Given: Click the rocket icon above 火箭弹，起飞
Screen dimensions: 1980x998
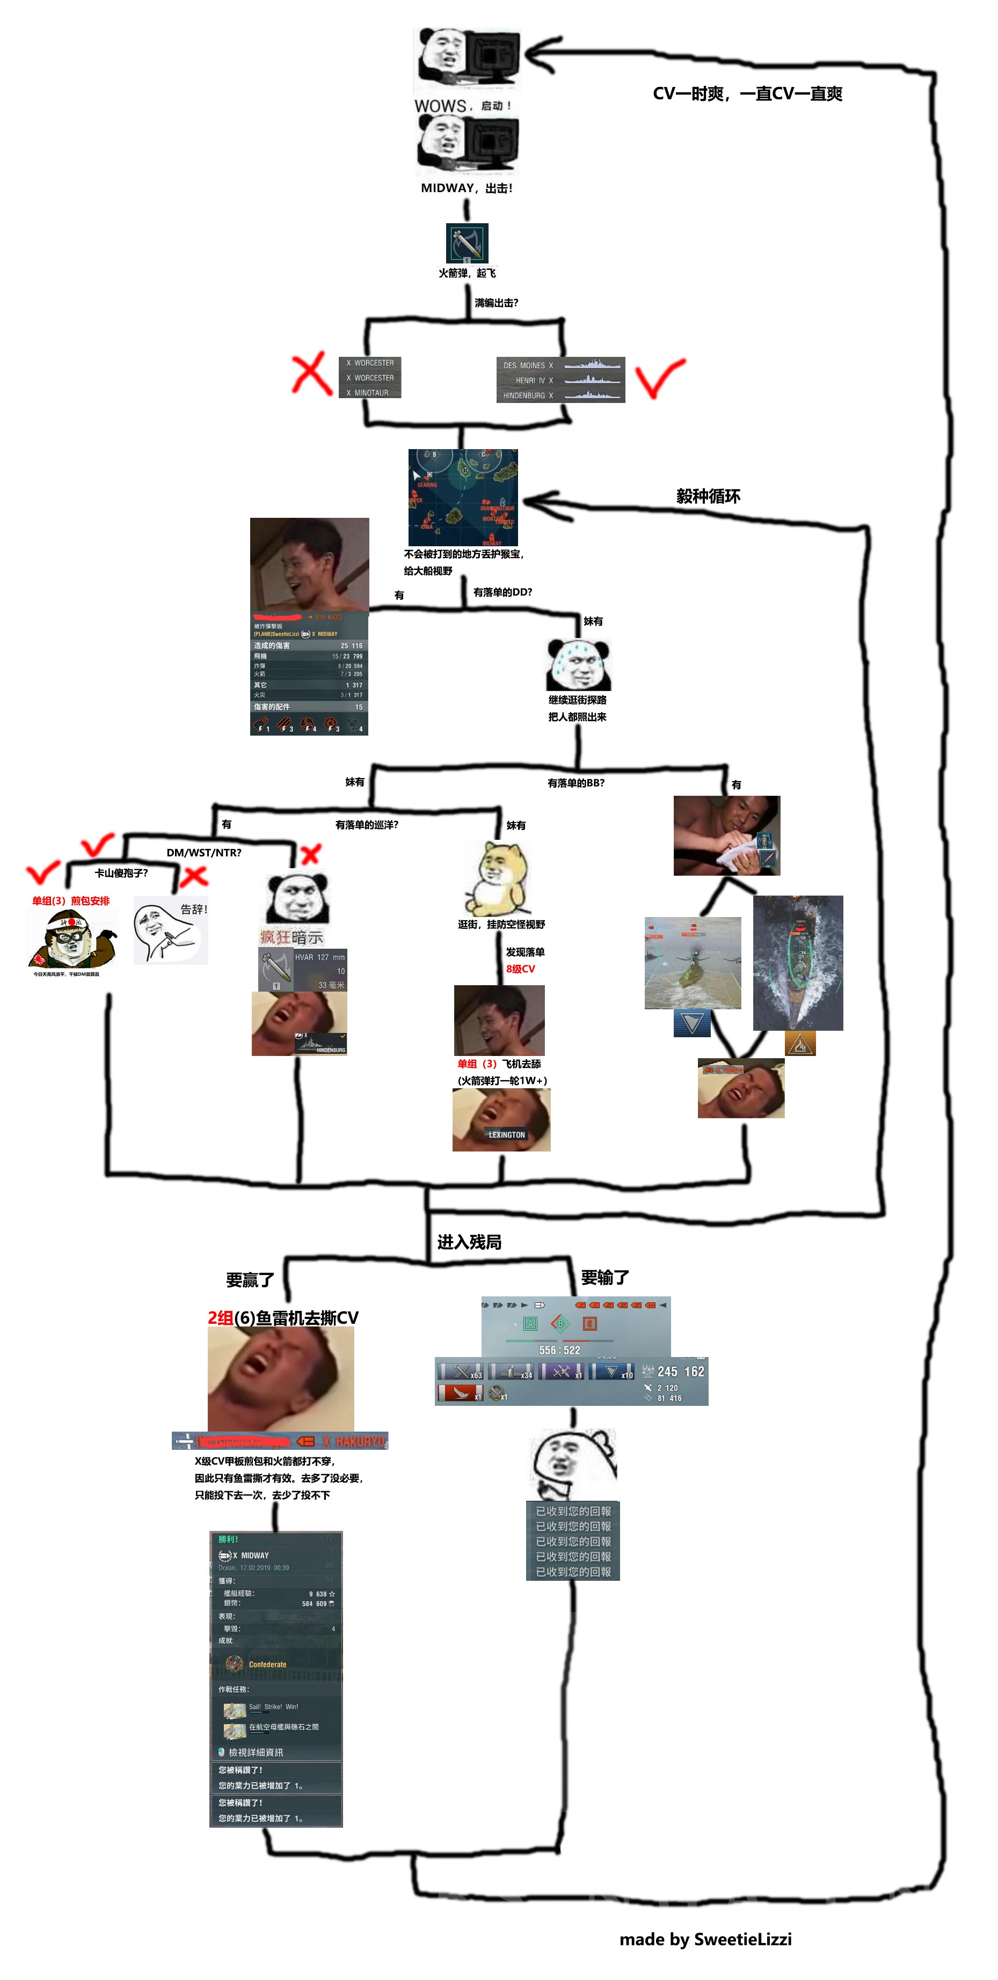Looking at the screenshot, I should [467, 243].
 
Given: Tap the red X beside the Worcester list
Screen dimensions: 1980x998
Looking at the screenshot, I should [311, 375].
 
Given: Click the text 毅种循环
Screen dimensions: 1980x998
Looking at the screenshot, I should [708, 496].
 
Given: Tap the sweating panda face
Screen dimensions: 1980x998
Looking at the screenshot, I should [578, 664].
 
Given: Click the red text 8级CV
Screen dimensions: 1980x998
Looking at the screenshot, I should [521, 969].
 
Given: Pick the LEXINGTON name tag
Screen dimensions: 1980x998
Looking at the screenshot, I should [507, 1134].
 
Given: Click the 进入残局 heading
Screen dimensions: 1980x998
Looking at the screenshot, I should [469, 1242].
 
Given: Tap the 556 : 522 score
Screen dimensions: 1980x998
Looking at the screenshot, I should [560, 1350].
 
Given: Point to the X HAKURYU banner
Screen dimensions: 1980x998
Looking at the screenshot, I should [354, 1441].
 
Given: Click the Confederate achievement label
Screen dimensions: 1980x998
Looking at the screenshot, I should [267, 1664].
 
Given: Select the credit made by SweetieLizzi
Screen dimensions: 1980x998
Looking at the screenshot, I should [705, 1939].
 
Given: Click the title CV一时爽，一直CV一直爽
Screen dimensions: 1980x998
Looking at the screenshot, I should [747, 94].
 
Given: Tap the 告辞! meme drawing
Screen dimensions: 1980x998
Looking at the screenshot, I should [171, 931].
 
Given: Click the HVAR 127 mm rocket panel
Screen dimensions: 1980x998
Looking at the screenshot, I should [302, 970].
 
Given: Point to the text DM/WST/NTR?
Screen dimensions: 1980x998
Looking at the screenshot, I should [204, 853].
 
